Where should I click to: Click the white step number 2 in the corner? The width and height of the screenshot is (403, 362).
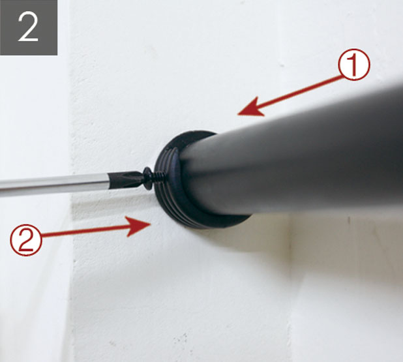[x=28, y=27]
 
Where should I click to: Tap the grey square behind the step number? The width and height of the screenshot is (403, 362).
[x=29, y=27]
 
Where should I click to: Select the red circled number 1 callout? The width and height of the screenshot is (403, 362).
[x=354, y=65]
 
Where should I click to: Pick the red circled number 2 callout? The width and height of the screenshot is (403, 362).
[x=26, y=240]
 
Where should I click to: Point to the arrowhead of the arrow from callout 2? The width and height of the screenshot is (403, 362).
[x=138, y=226]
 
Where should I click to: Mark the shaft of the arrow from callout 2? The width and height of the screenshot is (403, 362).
[x=85, y=231]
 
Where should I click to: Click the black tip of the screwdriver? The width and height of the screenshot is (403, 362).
[x=125, y=179]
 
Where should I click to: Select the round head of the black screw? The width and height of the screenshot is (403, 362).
[x=148, y=179]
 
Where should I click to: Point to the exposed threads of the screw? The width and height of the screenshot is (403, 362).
[x=159, y=177]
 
